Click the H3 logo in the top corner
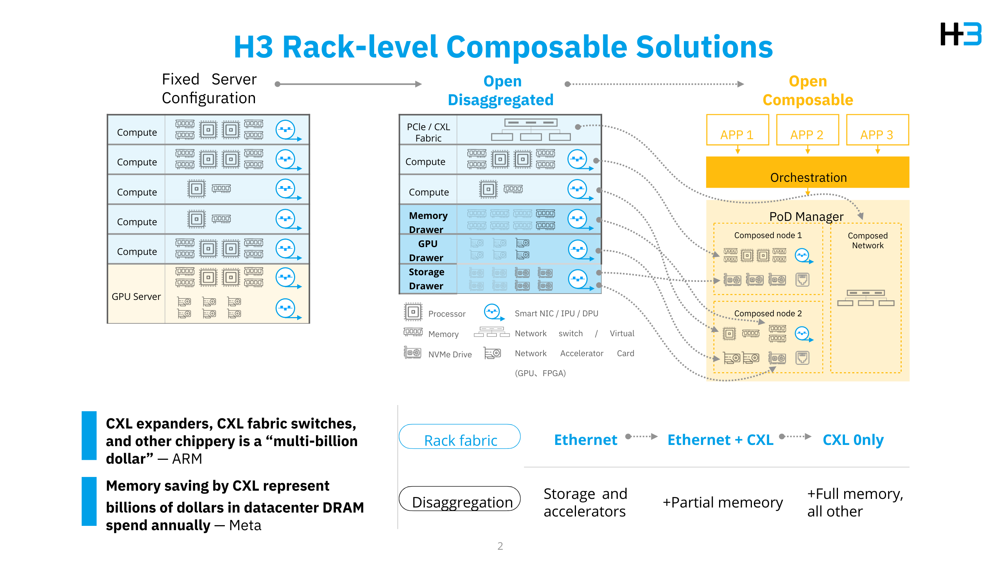click(x=961, y=34)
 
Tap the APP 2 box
click(x=807, y=130)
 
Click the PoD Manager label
click(x=806, y=216)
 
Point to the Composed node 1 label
click(x=768, y=235)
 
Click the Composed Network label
click(x=867, y=240)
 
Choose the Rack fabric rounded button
click(x=460, y=437)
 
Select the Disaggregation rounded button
click(x=460, y=499)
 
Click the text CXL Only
click(x=853, y=440)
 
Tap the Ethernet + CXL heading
click(x=720, y=440)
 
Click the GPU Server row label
click(x=136, y=297)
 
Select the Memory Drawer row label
click(x=428, y=222)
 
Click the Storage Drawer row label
click(x=426, y=279)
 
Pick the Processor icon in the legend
click(x=413, y=312)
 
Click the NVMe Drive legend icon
click(x=413, y=353)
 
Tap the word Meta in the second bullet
click(x=245, y=525)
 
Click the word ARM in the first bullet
click(x=187, y=459)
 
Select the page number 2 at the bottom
click(x=500, y=546)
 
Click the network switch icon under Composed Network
click(x=865, y=298)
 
